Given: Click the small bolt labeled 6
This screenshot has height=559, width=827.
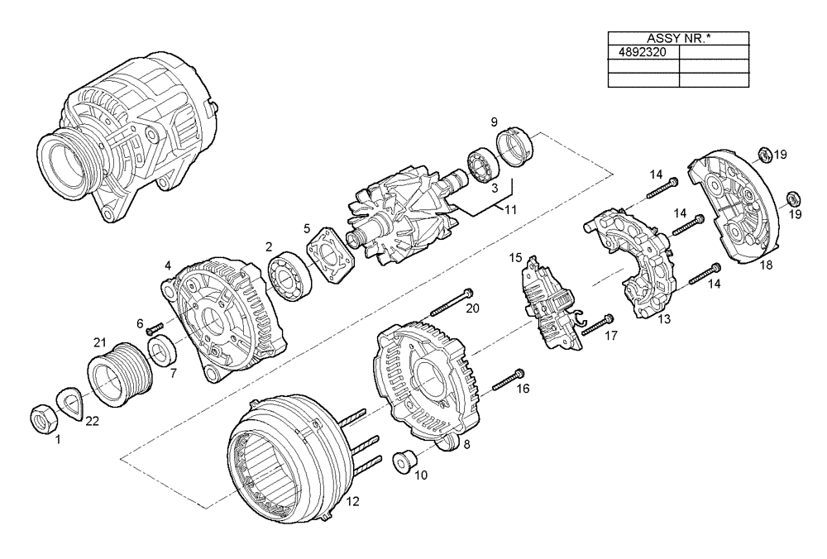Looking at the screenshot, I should [x=151, y=331].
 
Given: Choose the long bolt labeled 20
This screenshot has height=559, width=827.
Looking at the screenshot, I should [x=451, y=303].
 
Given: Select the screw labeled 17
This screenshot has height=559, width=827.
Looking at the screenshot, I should [x=596, y=326].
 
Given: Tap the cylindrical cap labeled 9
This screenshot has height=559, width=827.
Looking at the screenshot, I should [x=515, y=150].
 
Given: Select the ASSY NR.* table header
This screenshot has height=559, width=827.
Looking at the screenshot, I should [x=678, y=38].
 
